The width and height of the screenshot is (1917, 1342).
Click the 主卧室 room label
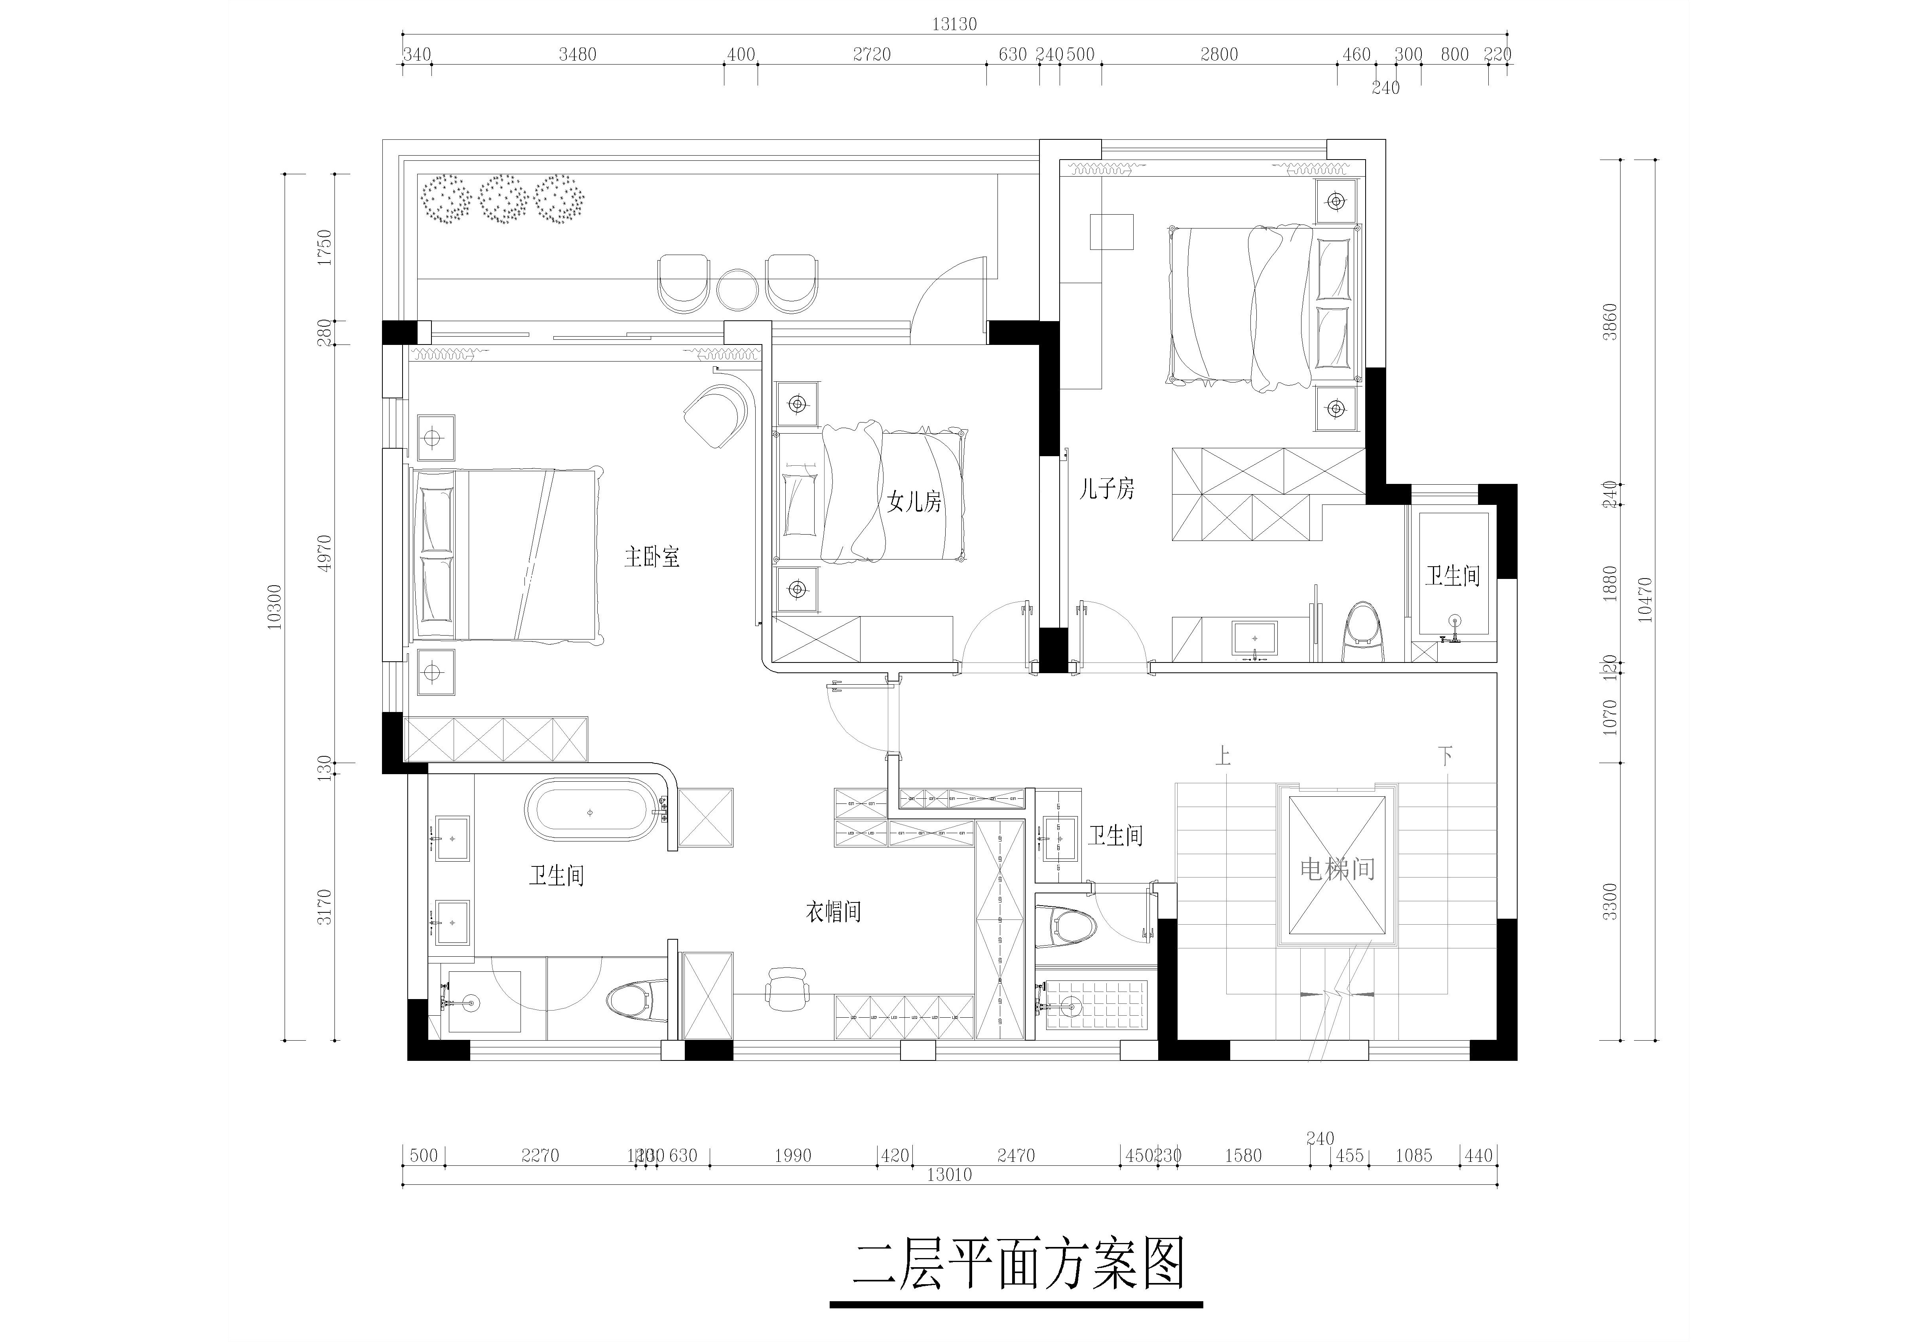(652, 557)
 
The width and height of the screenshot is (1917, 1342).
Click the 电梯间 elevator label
(1337, 869)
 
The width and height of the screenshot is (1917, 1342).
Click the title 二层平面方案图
(1018, 1265)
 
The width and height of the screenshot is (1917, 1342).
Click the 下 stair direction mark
(1445, 757)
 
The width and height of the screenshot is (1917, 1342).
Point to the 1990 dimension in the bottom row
(792, 1156)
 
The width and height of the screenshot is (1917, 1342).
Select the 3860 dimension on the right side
(1611, 322)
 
